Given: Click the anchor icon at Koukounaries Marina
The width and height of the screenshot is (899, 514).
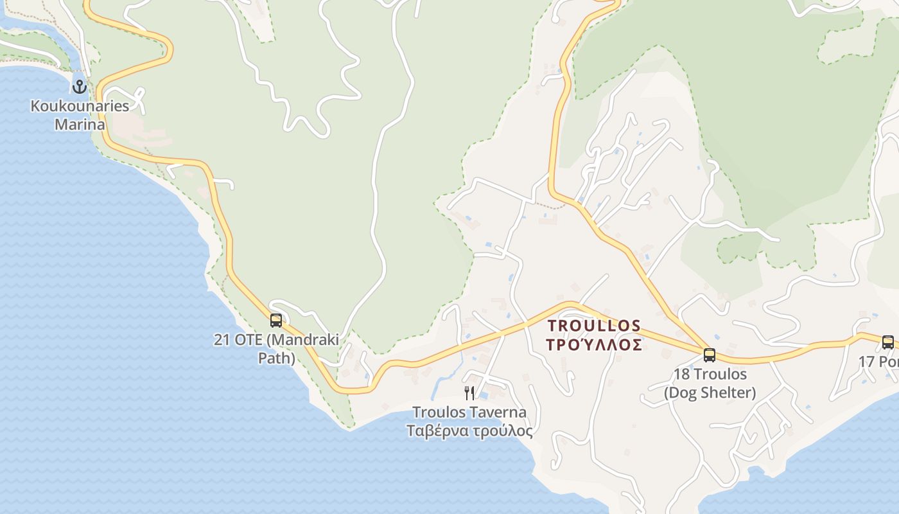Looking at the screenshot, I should tap(80, 86).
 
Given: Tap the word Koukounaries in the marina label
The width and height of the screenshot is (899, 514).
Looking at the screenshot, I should tap(80, 106).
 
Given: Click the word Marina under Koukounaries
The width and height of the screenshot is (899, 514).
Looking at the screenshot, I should tap(80, 124).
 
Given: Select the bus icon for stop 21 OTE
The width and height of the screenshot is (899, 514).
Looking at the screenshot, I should tap(276, 320).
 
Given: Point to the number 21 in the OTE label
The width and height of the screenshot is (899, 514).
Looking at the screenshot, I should tap(222, 339).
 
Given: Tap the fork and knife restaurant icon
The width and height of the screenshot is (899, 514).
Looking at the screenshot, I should tap(469, 393).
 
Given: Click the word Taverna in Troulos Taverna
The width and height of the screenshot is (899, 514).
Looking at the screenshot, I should tap(497, 412).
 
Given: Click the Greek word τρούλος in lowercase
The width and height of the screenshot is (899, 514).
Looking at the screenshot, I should tap(502, 430).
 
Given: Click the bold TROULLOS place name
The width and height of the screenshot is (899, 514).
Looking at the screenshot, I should tap(594, 326).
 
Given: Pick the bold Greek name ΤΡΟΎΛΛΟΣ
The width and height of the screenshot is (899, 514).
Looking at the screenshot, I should tap(594, 345).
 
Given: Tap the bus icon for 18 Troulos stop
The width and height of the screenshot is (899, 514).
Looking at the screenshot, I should tap(710, 355).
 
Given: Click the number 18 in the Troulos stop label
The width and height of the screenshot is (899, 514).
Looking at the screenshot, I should tap(681, 374).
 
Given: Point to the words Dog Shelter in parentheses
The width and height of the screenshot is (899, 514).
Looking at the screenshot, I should tap(710, 392).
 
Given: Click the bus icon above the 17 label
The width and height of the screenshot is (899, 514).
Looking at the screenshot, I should tap(888, 342).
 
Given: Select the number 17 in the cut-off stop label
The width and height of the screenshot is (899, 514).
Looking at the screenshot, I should tap(866, 362).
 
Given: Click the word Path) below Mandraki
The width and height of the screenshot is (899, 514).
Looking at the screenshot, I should tap(277, 357).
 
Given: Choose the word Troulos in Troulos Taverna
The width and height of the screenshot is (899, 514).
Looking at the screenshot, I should tap(439, 412).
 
